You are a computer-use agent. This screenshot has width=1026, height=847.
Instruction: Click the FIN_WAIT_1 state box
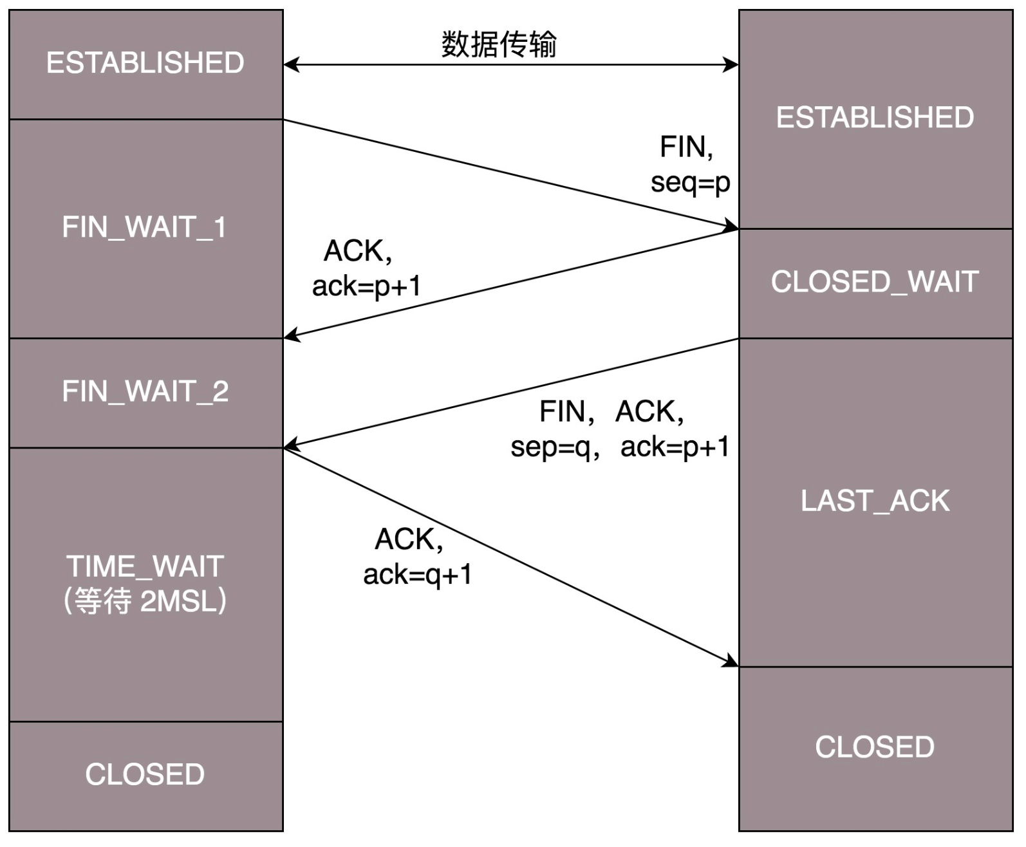145,228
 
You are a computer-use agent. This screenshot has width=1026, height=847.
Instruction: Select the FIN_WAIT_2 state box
145,392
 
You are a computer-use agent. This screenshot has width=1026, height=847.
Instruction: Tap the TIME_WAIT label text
145,567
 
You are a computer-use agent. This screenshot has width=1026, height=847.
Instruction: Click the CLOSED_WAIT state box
875,283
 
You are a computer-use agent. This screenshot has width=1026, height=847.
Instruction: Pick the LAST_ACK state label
875,501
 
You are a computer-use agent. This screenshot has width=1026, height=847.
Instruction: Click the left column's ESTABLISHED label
145,63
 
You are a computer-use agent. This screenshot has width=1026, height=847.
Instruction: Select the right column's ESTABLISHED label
875,118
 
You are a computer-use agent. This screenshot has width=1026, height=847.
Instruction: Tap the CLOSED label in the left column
145,775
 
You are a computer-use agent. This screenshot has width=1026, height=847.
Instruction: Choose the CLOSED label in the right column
875,748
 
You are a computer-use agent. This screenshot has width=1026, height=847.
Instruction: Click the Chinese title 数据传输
499,44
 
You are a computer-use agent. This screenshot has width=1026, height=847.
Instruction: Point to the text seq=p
690,183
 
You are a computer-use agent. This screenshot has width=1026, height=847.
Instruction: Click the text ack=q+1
418,575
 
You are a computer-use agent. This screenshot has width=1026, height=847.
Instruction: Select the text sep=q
551,447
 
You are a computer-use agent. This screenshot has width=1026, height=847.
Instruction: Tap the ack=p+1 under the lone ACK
366,286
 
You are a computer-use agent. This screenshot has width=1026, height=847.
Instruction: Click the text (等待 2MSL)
145,602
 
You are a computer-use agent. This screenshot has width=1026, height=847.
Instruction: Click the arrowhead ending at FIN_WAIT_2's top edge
291,335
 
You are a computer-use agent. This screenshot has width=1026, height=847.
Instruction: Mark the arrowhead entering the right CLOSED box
731,662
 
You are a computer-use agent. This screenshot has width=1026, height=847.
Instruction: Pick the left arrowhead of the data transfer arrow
291,64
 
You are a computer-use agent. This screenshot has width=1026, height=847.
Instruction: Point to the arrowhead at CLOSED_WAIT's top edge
731,227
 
